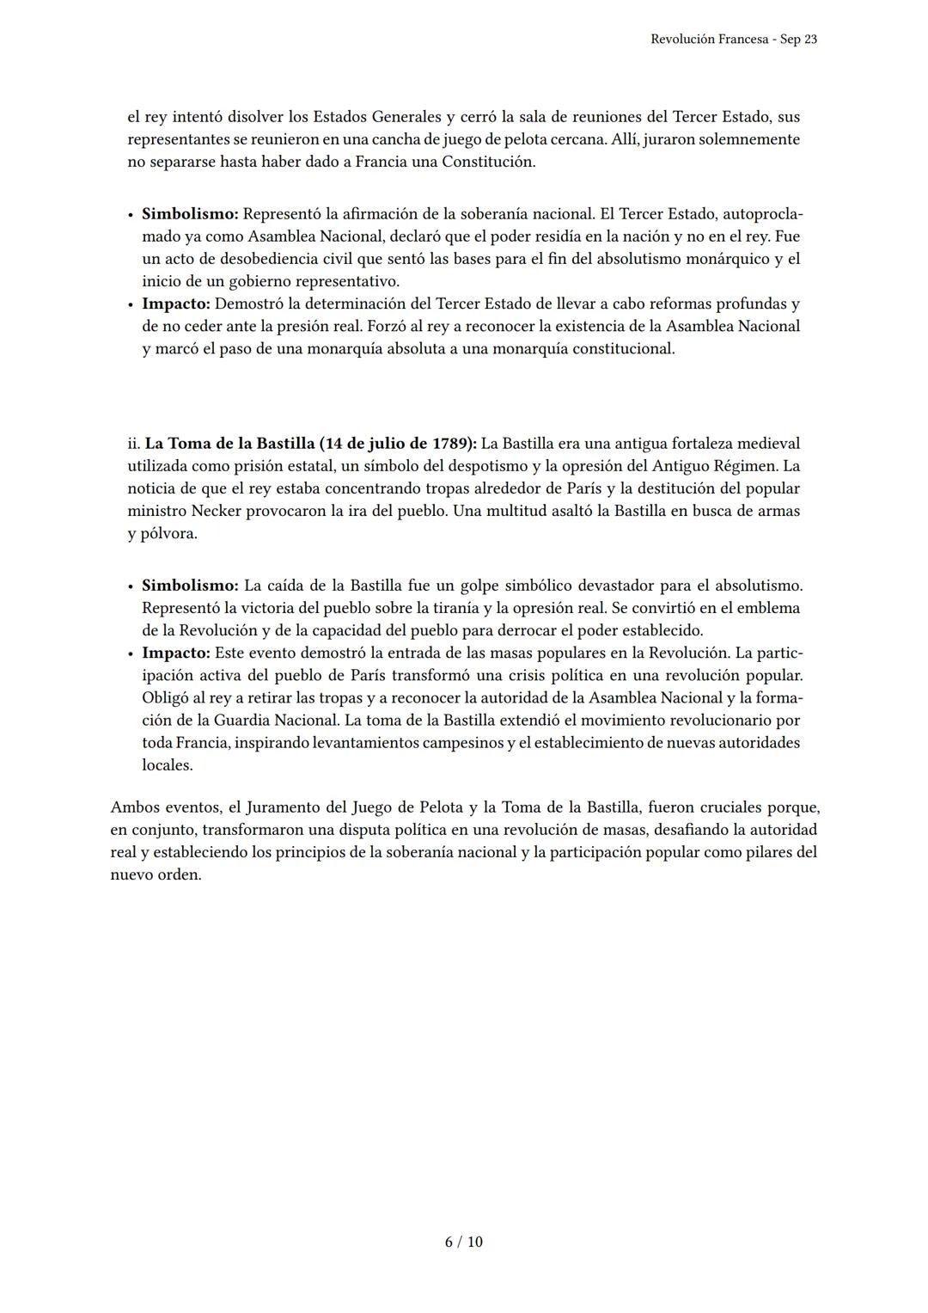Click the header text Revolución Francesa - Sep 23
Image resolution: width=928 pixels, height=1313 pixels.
[x=733, y=39]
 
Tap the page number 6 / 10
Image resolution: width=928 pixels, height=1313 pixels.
[x=463, y=1242]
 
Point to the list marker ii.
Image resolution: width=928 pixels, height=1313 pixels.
[x=133, y=444]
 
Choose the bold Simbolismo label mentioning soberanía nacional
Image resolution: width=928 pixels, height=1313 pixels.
[x=190, y=214]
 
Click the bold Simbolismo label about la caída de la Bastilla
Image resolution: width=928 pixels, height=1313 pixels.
[x=190, y=586]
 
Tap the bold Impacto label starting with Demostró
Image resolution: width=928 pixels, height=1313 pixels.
[x=175, y=304]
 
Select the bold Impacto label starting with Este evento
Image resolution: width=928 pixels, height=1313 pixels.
[x=175, y=653]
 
